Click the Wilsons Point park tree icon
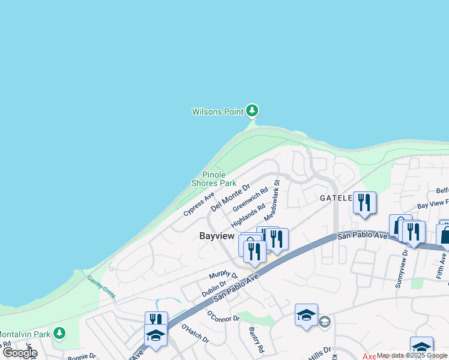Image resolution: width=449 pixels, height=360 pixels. (x=252, y=110)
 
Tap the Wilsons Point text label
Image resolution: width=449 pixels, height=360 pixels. (x=217, y=112)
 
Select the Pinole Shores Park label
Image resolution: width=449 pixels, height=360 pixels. (x=214, y=179)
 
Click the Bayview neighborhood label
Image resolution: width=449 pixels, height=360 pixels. (x=216, y=236)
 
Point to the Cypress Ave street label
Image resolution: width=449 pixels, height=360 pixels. (x=199, y=204)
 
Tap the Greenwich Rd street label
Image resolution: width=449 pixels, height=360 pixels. (x=247, y=197)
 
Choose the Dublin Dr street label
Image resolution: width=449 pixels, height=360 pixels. (x=214, y=288)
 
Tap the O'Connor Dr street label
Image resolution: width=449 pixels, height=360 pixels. (x=223, y=316)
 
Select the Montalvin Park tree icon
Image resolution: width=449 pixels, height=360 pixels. (x=59, y=332)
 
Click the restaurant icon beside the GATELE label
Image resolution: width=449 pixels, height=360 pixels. (x=364, y=203)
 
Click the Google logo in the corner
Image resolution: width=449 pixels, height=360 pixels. (x=20, y=353)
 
